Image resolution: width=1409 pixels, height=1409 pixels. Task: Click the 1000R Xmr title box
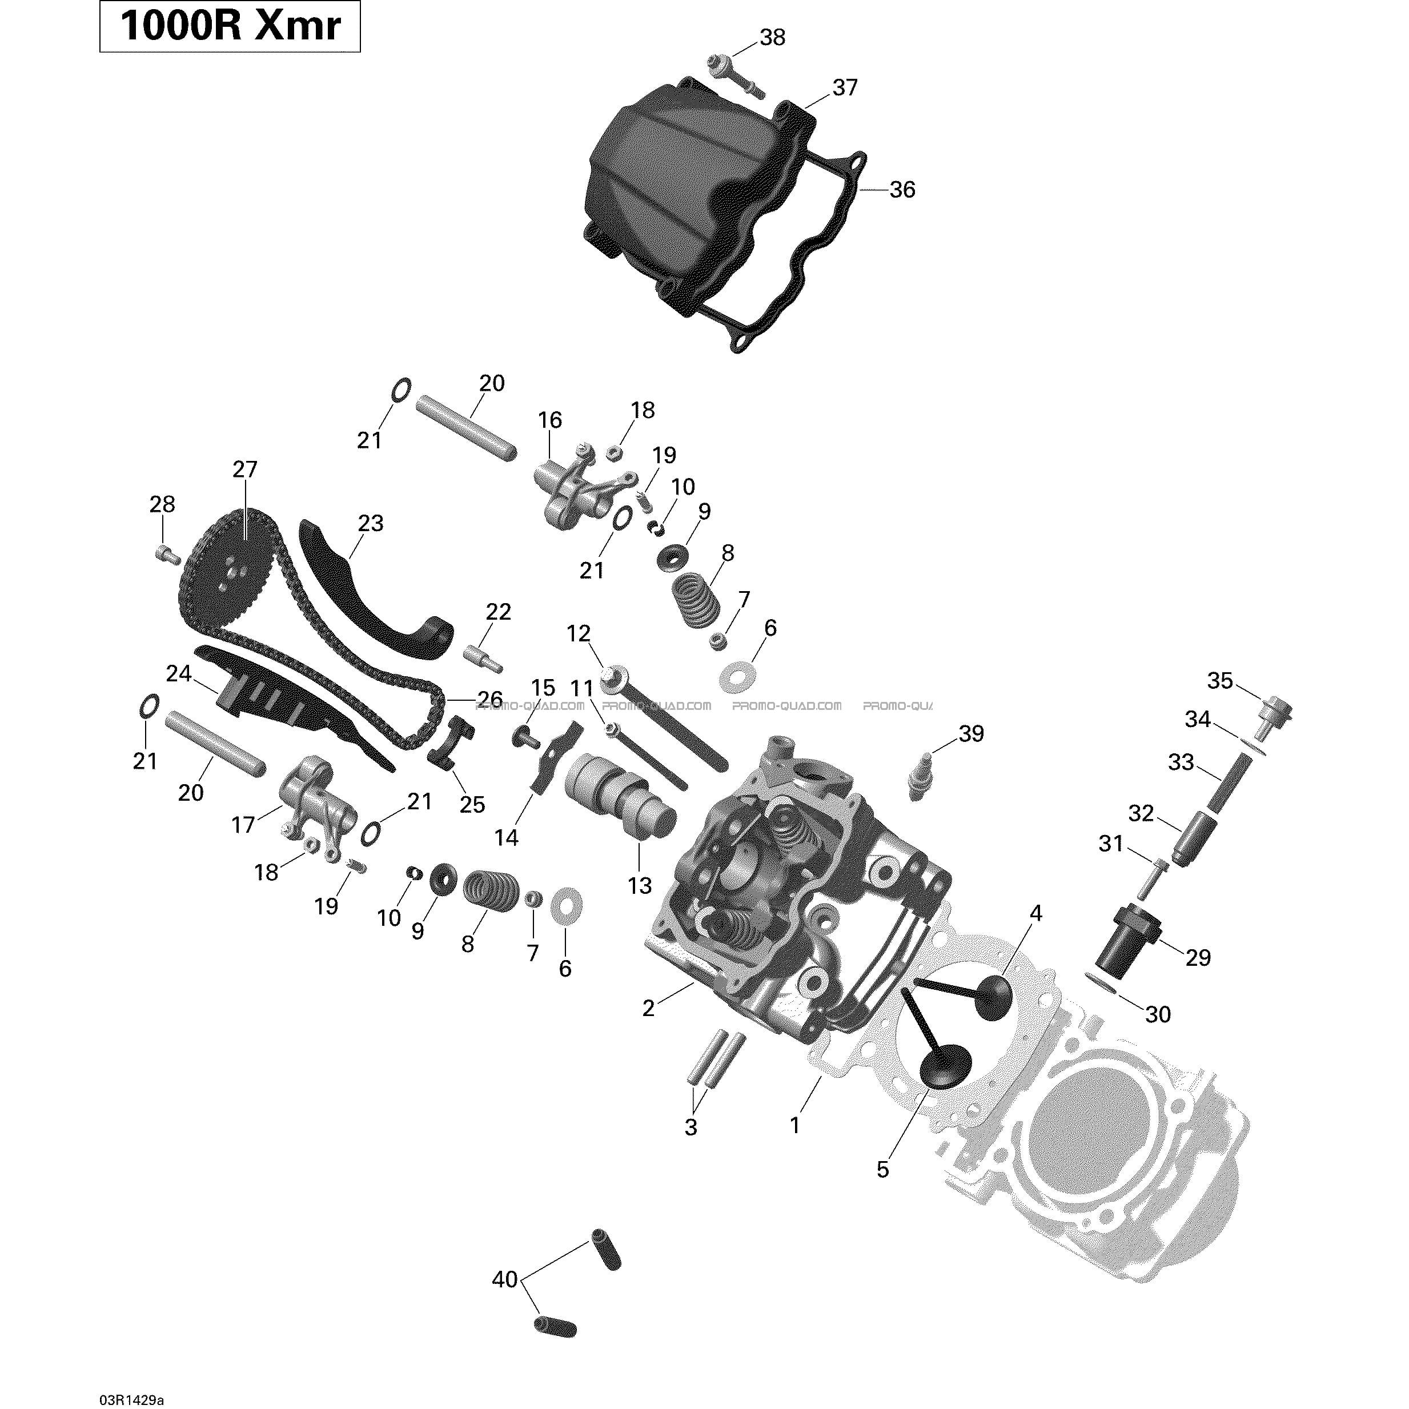tap(230, 26)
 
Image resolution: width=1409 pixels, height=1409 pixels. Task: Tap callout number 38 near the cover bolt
tap(772, 37)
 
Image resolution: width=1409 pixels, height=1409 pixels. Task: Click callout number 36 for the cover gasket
tap(902, 190)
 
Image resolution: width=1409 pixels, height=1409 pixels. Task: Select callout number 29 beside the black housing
tap(1198, 957)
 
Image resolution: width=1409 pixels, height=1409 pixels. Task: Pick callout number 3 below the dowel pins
tap(691, 1127)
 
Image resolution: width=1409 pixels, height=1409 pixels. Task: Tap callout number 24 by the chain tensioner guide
tap(179, 674)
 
